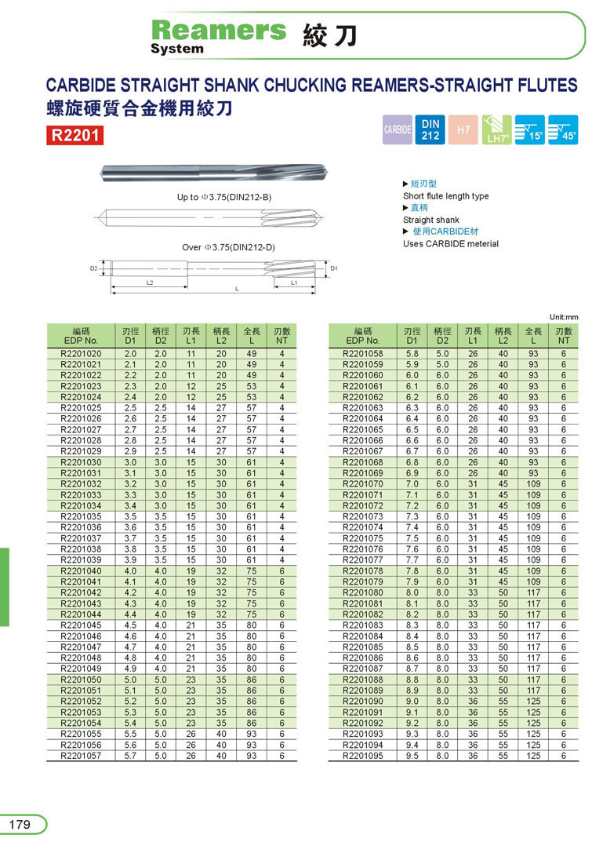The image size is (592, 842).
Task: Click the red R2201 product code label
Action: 75,135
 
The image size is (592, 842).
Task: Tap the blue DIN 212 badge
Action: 430,129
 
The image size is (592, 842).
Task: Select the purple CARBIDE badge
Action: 398,130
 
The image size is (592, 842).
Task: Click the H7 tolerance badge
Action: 463,129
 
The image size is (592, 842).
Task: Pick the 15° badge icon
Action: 530,129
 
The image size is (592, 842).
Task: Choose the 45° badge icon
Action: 563,129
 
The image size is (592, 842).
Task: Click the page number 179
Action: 20,825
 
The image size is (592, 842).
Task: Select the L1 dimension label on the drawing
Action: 293,282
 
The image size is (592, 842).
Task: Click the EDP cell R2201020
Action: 81,354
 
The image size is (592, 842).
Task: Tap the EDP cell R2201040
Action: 81,570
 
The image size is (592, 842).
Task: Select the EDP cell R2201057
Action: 81,756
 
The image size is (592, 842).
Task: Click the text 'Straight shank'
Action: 431,220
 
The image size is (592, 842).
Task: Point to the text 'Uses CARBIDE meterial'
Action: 451,243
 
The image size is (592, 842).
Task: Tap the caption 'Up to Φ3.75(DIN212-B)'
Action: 224,197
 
